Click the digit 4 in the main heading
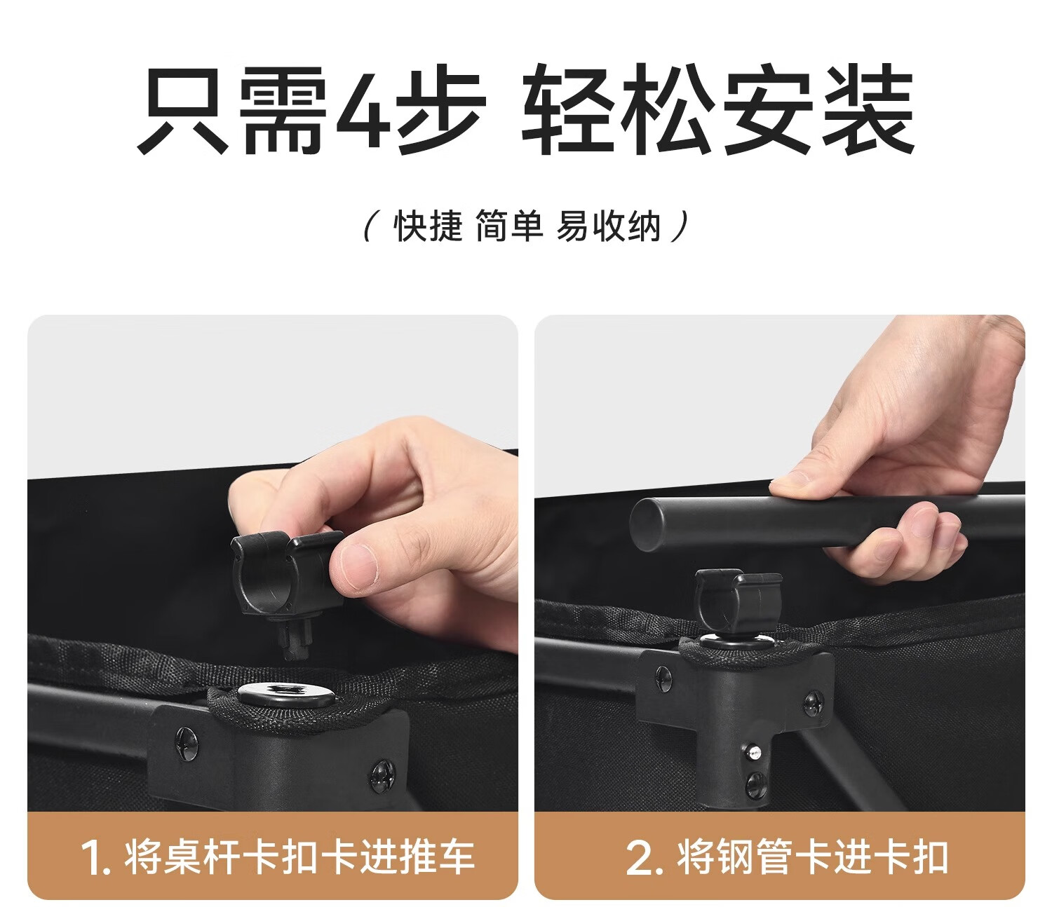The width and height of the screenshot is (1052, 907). (363, 109)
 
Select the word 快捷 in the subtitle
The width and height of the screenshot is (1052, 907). (428, 226)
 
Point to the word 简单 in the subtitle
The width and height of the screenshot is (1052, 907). (509, 226)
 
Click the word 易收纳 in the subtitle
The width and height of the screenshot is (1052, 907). (608, 226)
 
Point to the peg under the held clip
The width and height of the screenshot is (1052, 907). (295, 638)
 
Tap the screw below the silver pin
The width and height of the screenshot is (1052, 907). (754, 784)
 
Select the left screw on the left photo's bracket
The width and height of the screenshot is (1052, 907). (186, 743)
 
